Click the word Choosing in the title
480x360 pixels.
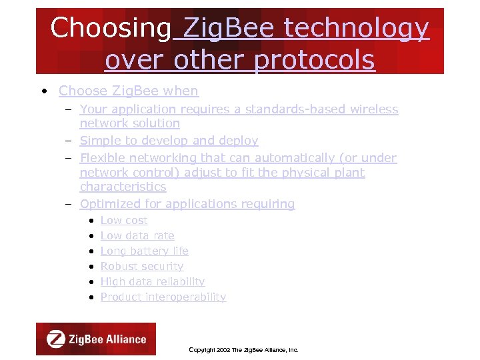click(111, 28)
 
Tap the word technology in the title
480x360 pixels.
click(357, 28)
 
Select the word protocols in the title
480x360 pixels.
click(315, 60)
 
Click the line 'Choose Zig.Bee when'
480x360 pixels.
click(128, 91)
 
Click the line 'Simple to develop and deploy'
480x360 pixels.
click(169, 141)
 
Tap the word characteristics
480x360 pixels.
click(123, 187)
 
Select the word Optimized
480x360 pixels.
click(108, 204)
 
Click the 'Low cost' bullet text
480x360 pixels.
click(124, 220)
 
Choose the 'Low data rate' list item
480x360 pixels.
click(137, 235)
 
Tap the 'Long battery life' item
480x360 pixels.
click(144, 251)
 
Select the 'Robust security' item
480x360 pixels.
click(141, 266)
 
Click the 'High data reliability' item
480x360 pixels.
click(152, 281)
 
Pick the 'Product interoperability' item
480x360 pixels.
click(163, 297)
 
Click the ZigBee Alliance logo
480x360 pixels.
click(96, 339)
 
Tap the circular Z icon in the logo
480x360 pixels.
click(55, 339)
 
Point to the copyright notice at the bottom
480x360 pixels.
click(243, 349)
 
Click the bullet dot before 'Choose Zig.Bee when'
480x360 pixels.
click(43, 91)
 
